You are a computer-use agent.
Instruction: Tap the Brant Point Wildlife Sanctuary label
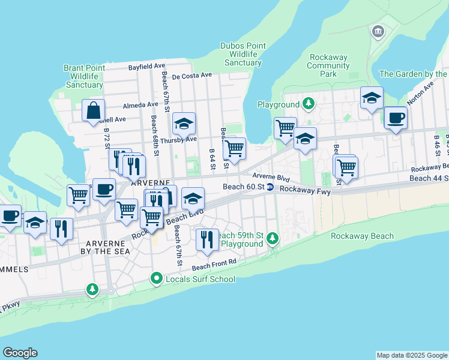pyautogui.click(x=84, y=76)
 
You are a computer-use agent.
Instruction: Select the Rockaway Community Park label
pyautogui.click(x=328, y=65)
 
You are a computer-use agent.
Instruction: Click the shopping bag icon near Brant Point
pyautogui.click(x=94, y=110)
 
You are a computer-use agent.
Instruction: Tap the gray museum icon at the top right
pyautogui.click(x=378, y=31)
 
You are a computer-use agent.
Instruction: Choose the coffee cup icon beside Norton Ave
pyautogui.click(x=395, y=118)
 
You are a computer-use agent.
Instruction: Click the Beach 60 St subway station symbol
pyautogui.click(x=271, y=187)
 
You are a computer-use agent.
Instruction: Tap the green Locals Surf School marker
pyautogui.click(x=157, y=278)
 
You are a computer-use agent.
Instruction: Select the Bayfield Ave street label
pyautogui.click(x=146, y=66)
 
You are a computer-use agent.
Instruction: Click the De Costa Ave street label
pyautogui.click(x=192, y=76)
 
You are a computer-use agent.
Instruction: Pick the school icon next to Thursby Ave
pyautogui.click(x=184, y=124)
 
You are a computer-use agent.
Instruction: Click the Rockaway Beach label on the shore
pyautogui.click(x=362, y=236)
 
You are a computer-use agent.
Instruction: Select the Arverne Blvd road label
pyautogui.click(x=271, y=178)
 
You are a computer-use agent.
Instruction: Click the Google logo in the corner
pyautogui.click(x=20, y=353)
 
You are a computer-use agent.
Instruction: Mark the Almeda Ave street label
pyautogui.click(x=140, y=105)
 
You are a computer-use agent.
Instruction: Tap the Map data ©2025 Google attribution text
pyautogui.click(x=412, y=355)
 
